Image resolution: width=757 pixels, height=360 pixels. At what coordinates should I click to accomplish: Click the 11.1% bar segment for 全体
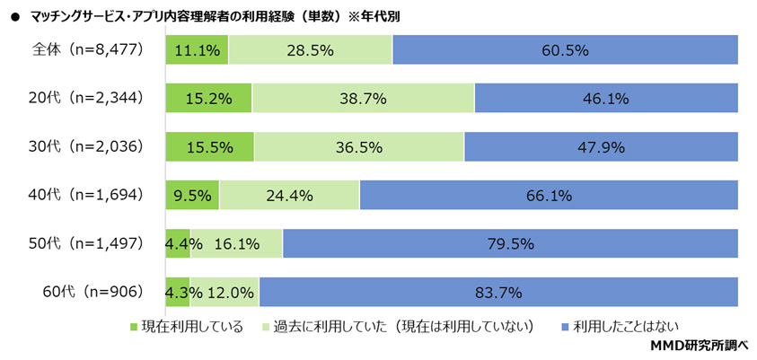[x=197, y=51]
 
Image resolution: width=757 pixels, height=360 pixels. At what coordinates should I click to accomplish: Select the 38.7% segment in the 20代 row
[x=363, y=100]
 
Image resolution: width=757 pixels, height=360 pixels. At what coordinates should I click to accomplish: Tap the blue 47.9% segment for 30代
[x=601, y=147]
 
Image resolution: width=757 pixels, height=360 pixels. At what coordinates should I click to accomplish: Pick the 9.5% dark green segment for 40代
[x=192, y=196]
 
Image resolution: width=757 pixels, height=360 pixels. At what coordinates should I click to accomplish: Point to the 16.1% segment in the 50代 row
[x=236, y=243]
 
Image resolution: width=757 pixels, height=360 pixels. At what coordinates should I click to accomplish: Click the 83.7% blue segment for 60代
[x=498, y=292]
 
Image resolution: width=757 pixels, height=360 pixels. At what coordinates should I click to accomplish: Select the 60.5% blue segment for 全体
[x=565, y=51]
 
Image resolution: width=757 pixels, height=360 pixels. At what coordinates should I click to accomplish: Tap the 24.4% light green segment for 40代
[x=289, y=196]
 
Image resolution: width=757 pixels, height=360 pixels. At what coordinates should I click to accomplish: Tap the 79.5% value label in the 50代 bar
[x=511, y=243]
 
